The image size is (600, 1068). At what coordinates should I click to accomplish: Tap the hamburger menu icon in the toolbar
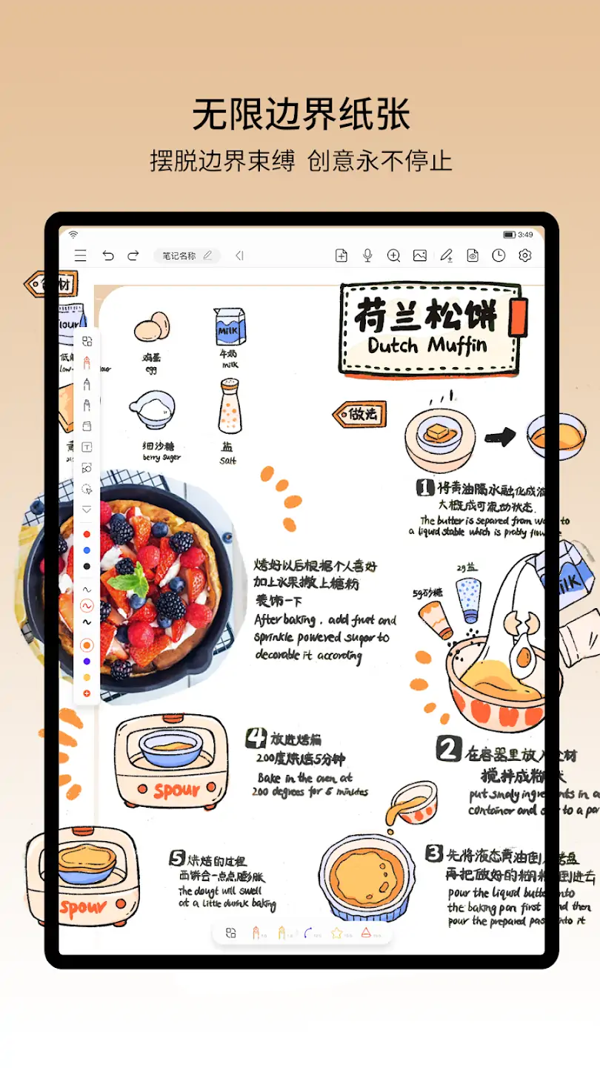(x=81, y=256)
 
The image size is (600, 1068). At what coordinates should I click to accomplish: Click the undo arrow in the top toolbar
(x=108, y=256)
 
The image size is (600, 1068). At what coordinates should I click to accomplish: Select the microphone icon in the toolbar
(x=367, y=256)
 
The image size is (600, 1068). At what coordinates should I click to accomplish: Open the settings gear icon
(x=525, y=256)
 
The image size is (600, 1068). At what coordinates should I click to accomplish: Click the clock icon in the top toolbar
(x=499, y=256)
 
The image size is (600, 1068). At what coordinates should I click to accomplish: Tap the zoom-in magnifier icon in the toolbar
(x=393, y=256)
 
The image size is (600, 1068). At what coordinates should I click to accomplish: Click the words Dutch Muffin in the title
(x=427, y=346)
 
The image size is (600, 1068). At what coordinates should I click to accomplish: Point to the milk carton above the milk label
(x=229, y=326)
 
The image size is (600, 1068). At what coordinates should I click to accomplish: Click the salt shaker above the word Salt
(x=230, y=406)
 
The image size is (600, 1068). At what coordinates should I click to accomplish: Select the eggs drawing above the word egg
(x=152, y=327)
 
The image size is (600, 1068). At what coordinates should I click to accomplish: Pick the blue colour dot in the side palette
(x=87, y=550)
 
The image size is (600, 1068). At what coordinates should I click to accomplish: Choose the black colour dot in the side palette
(x=87, y=567)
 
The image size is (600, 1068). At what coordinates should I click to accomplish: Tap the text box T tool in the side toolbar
(x=87, y=447)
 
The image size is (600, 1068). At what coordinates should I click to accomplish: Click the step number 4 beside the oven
(x=256, y=737)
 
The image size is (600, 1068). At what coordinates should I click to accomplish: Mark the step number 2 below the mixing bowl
(x=448, y=749)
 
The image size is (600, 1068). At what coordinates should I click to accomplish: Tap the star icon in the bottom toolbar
(x=337, y=932)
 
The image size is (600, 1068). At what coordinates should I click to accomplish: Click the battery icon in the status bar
(x=510, y=235)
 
